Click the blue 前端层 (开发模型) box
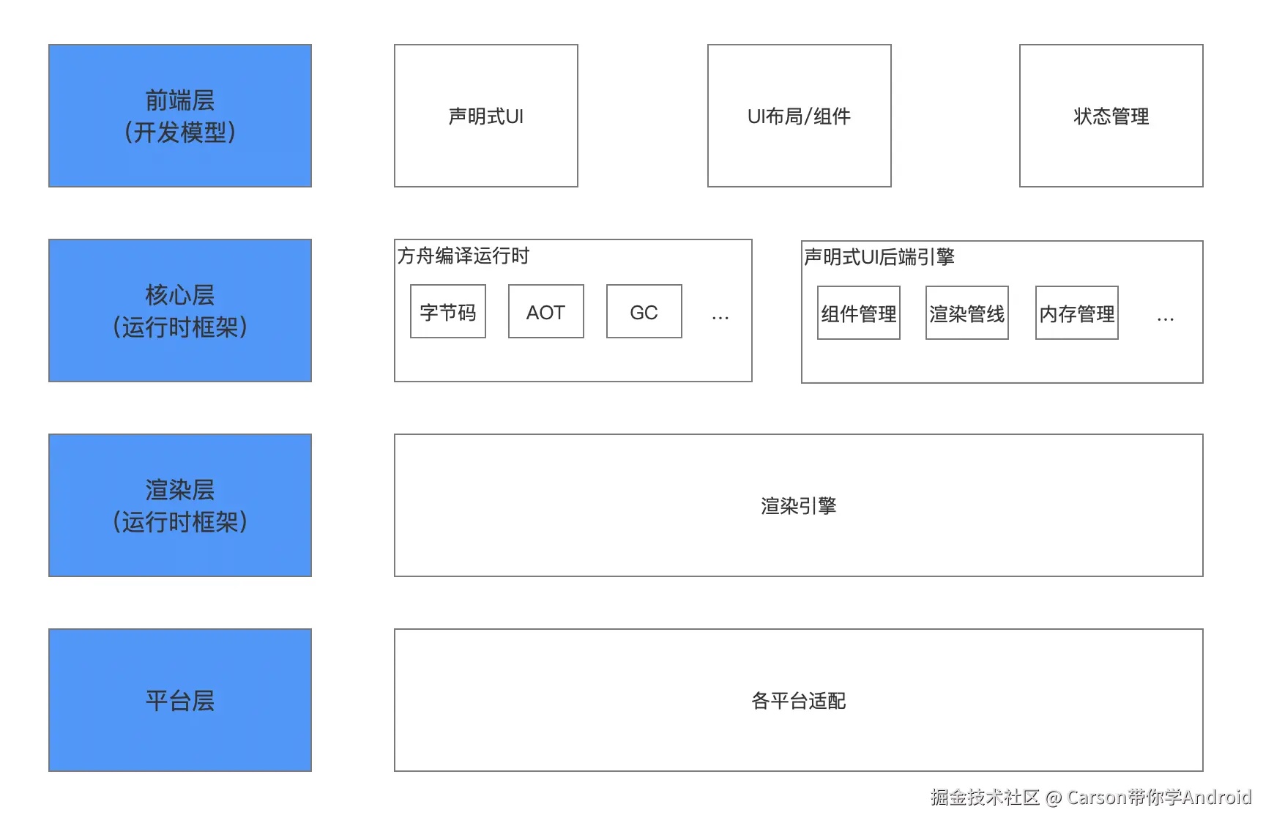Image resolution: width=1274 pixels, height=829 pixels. (x=180, y=116)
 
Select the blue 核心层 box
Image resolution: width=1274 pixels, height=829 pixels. (x=180, y=311)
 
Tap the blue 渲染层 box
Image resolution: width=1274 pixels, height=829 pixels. (x=180, y=505)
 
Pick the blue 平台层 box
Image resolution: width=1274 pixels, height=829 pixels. (x=180, y=700)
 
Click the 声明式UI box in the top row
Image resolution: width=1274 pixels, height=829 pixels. (x=486, y=116)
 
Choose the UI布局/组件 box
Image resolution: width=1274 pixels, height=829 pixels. (x=799, y=116)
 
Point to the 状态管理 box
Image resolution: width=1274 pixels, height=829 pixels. (x=1111, y=116)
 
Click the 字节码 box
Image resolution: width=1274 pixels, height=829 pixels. (x=448, y=312)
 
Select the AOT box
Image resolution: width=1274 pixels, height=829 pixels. (x=545, y=312)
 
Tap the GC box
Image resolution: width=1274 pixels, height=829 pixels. (x=644, y=312)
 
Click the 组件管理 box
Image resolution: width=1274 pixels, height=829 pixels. (x=858, y=313)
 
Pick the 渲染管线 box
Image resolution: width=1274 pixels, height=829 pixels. (x=966, y=313)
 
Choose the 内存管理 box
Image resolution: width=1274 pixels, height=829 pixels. (x=1076, y=313)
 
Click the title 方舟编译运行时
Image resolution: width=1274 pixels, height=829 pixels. (x=463, y=256)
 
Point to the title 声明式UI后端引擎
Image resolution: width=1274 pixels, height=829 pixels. (x=879, y=257)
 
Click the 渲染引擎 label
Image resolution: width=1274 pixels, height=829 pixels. (x=798, y=506)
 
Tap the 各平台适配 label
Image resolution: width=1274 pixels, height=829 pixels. (x=798, y=701)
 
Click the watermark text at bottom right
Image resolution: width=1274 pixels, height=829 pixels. (x=1091, y=797)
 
